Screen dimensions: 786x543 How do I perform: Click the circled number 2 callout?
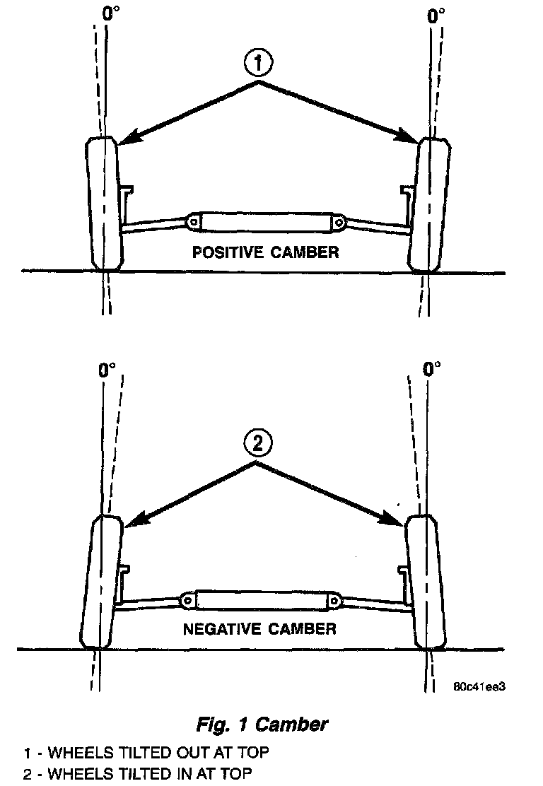[x=257, y=444]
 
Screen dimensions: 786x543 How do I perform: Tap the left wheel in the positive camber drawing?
[x=105, y=204]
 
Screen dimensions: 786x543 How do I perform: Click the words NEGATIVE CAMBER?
[x=259, y=628]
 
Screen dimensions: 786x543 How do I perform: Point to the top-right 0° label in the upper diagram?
[x=436, y=13]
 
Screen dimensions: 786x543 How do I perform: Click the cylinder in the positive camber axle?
[x=266, y=223]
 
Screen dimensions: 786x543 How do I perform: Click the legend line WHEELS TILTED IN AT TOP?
[x=136, y=774]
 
